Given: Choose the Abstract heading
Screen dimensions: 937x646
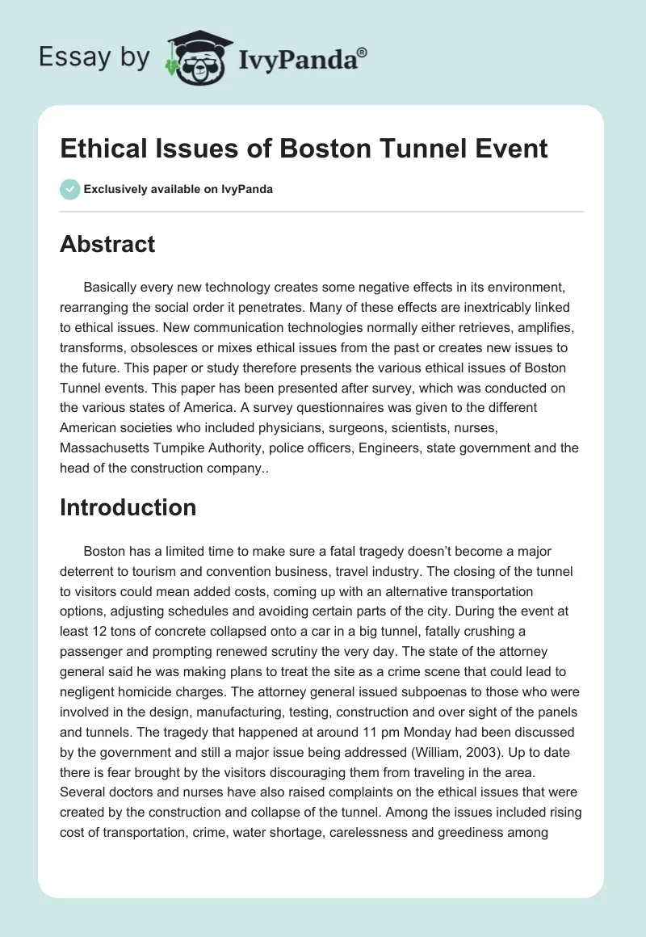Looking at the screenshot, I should [107, 244].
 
